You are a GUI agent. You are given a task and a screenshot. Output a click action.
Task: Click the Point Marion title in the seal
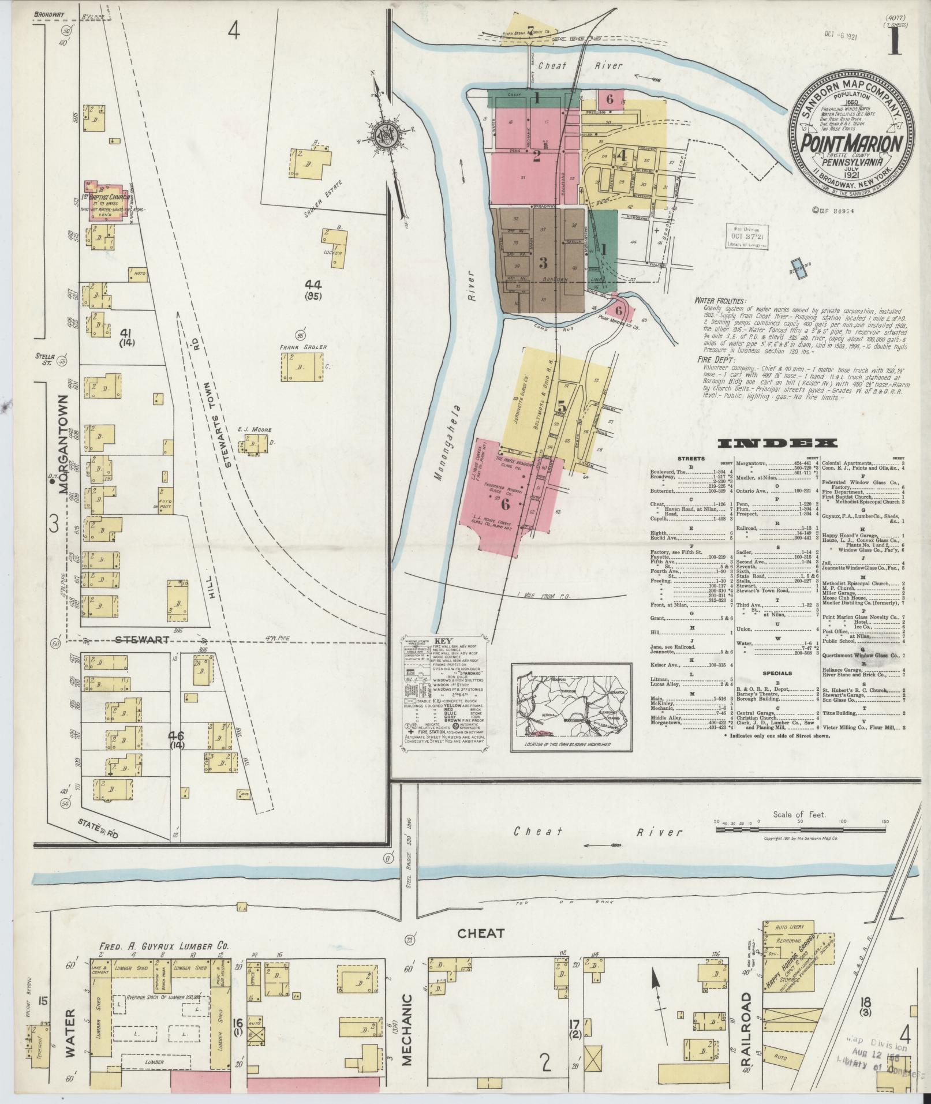click(852, 143)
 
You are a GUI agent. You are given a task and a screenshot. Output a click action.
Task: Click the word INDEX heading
click(777, 443)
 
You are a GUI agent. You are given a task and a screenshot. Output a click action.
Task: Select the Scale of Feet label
click(799, 815)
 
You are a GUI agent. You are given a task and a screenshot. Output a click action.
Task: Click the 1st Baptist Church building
click(104, 194)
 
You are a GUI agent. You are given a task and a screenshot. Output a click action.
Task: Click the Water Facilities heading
click(720, 301)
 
